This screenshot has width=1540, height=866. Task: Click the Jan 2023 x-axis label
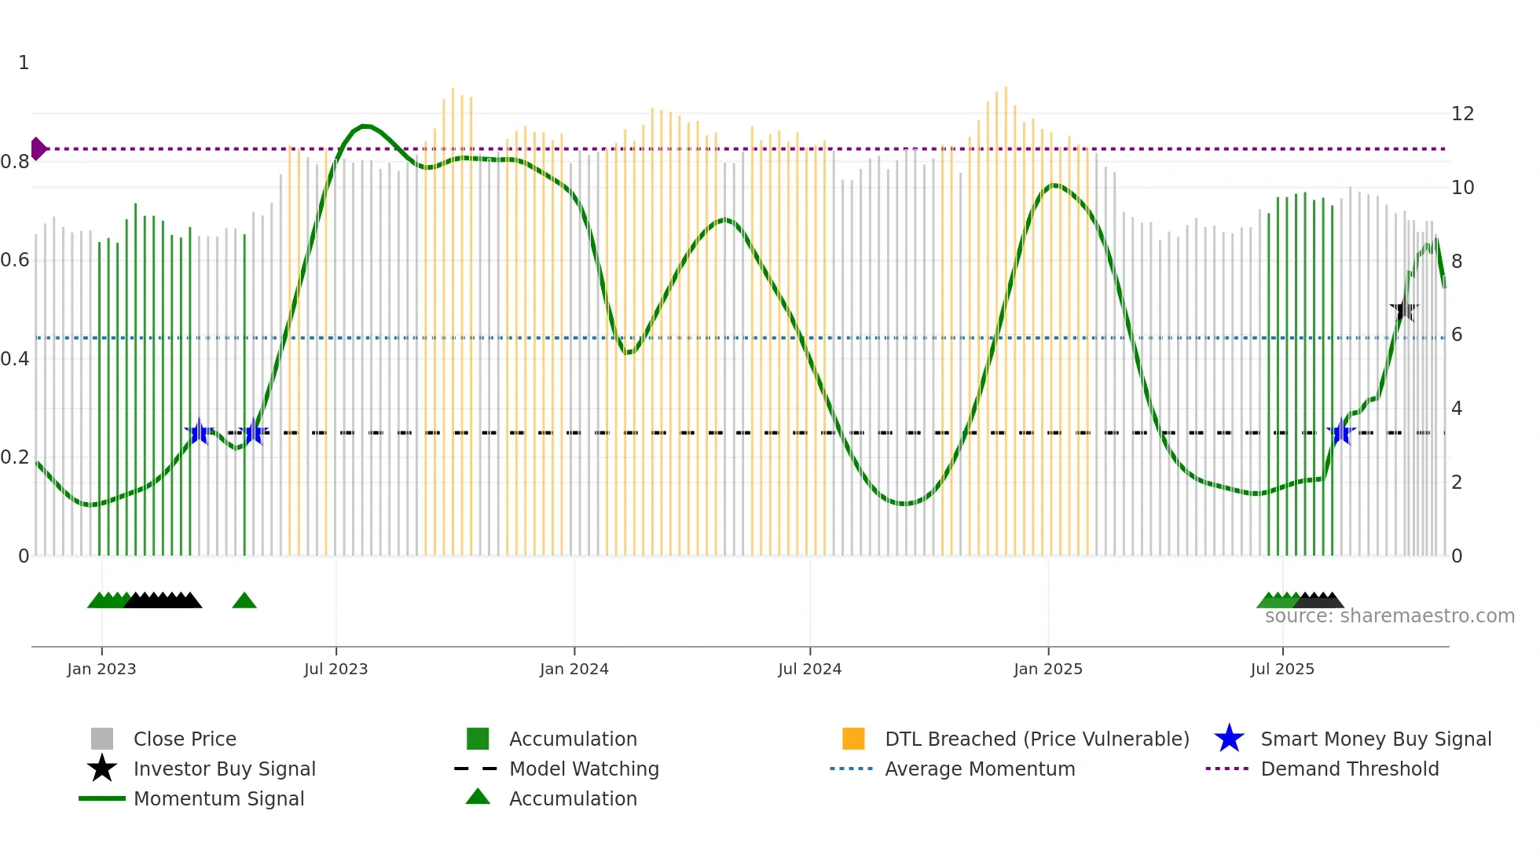click(101, 670)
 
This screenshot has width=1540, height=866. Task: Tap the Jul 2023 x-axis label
click(335, 670)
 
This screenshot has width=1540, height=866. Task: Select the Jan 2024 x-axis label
click(574, 670)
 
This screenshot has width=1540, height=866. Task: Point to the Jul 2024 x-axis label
click(809, 670)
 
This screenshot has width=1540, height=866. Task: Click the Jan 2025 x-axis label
click(1047, 670)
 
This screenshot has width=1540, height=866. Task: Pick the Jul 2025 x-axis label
click(1282, 670)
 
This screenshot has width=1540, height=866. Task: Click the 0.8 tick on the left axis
click(15, 162)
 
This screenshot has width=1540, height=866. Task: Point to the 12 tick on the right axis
click(1462, 114)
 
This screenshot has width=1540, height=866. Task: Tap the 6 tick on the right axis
click(1457, 335)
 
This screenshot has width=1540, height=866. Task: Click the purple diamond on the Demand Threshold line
click(38, 149)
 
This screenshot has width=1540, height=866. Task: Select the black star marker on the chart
click(1403, 310)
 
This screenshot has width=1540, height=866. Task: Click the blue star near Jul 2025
click(1341, 433)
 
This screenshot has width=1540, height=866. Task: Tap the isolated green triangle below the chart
click(244, 601)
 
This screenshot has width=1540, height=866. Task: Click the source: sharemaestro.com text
click(1389, 616)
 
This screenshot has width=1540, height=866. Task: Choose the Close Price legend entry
click(185, 739)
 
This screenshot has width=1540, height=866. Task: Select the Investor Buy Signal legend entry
click(224, 769)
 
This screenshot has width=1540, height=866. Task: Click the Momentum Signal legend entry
click(218, 798)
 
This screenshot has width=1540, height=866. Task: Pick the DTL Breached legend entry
click(1036, 739)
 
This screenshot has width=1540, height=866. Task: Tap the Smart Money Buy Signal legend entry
click(1375, 739)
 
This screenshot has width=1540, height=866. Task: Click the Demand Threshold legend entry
click(1349, 769)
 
